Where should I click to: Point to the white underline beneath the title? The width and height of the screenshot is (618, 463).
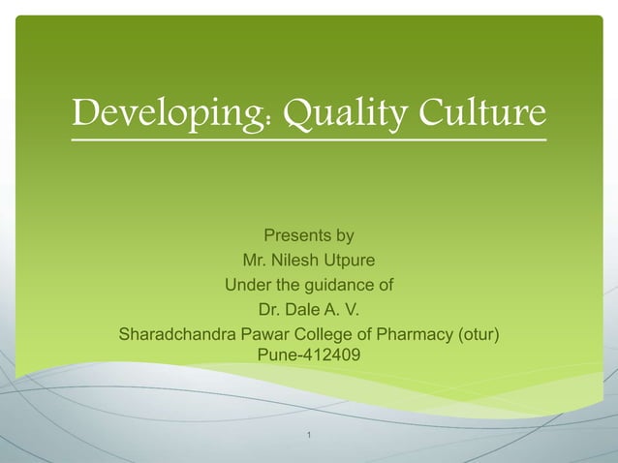[309, 141]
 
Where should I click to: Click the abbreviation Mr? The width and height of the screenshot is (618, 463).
[255, 261]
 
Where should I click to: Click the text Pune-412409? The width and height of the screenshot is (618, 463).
[309, 355]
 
